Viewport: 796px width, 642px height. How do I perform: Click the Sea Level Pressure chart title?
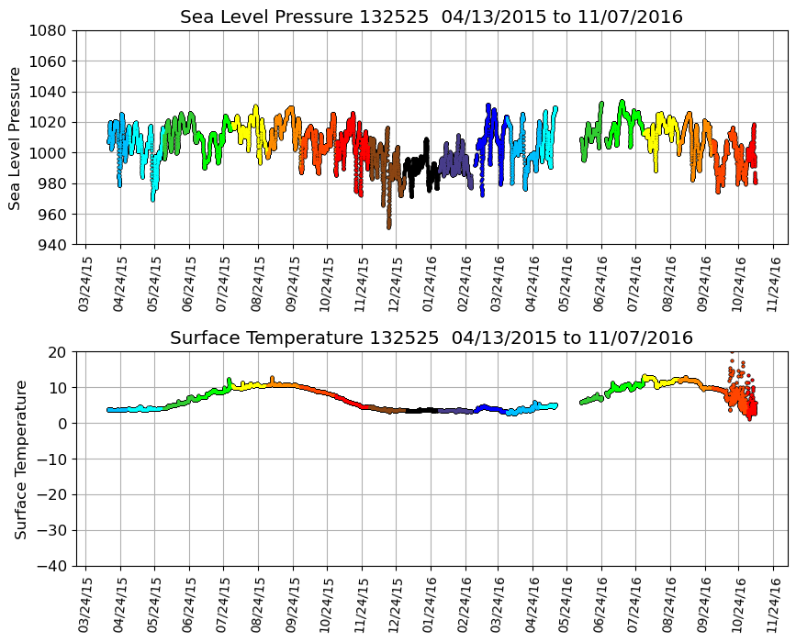(432, 17)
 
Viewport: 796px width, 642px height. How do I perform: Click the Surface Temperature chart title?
(432, 338)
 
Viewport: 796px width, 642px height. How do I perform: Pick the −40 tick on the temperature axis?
(52, 566)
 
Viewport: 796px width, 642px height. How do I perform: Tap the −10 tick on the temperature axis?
(52, 459)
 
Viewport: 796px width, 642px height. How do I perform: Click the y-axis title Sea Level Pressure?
(16, 138)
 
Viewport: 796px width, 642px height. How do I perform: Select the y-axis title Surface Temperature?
(19, 459)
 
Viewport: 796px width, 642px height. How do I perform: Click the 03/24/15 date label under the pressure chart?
(85, 278)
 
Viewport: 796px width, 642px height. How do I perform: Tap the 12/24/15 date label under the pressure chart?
(396, 278)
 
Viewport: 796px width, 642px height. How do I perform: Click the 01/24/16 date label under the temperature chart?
(430, 599)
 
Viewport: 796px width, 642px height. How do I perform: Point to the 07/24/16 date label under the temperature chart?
(635, 599)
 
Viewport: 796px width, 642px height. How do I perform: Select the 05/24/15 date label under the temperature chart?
(153, 599)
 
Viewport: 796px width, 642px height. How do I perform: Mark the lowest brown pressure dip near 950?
(389, 226)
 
